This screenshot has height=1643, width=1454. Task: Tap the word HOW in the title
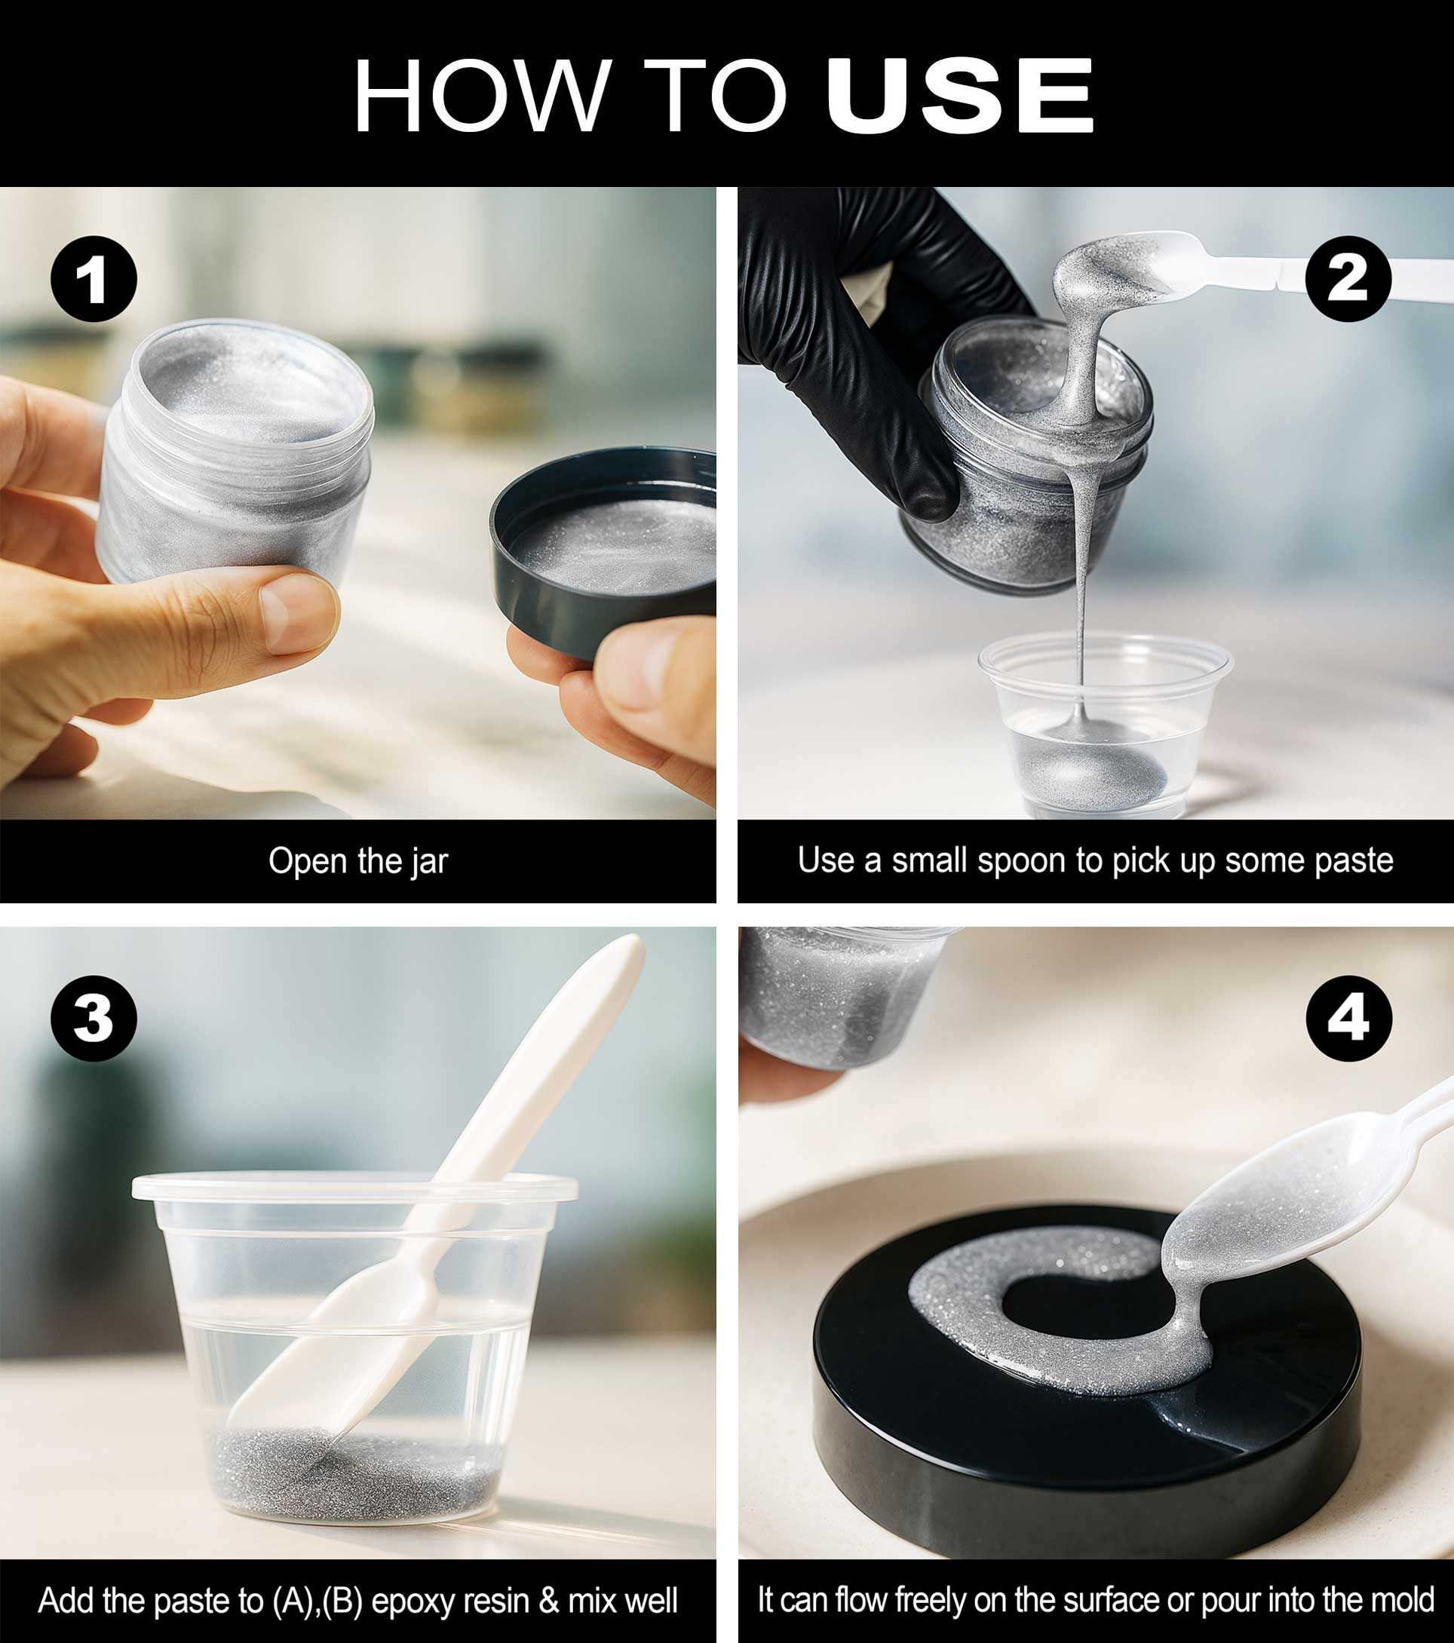pyautogui.click(x=482, y=96)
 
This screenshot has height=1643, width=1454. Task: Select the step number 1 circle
pyautogui.click(x=94, y=279)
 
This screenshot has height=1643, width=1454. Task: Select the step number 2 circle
pyautogui.click(x=1348, y=279)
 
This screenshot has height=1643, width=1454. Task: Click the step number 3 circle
pyautogui.click(x=94, y=1019)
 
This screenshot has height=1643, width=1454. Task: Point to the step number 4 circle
pyautogui.click(x=1348, y=1019)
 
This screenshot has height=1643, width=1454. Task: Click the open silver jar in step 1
pyautogui.click(x=233, y=450)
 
